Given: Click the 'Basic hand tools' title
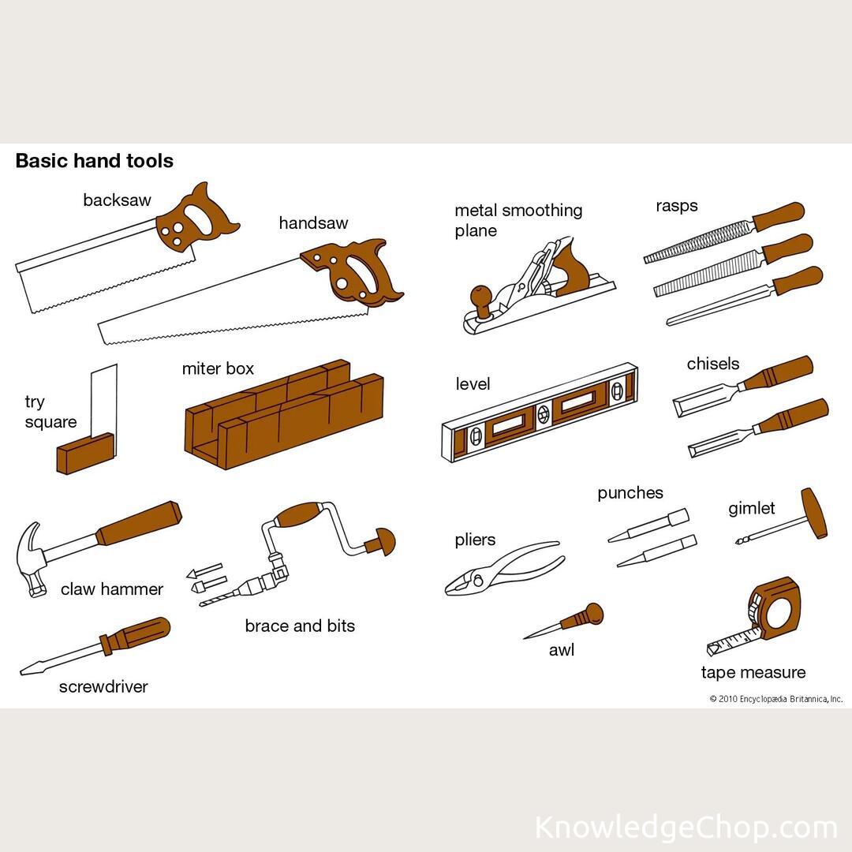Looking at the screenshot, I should click(94, 161).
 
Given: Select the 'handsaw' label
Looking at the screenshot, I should click(313, 223).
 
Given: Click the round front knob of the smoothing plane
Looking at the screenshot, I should click(480, 297).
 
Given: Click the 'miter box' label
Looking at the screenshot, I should click(218, 368).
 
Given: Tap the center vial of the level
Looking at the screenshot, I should click(544, 414).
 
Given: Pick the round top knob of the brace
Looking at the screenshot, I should click(384, 541).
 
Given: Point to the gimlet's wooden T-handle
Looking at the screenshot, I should click(815, 513).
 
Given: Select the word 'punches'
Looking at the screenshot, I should click(630, 493).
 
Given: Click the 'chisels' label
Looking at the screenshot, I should click(713, 364).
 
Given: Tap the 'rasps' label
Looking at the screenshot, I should click(677, 206).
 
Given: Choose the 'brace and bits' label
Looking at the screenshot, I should click(300, 626).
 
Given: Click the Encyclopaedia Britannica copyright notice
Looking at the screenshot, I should click(776, 699).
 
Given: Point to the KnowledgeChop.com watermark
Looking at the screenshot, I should click(686, 828).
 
